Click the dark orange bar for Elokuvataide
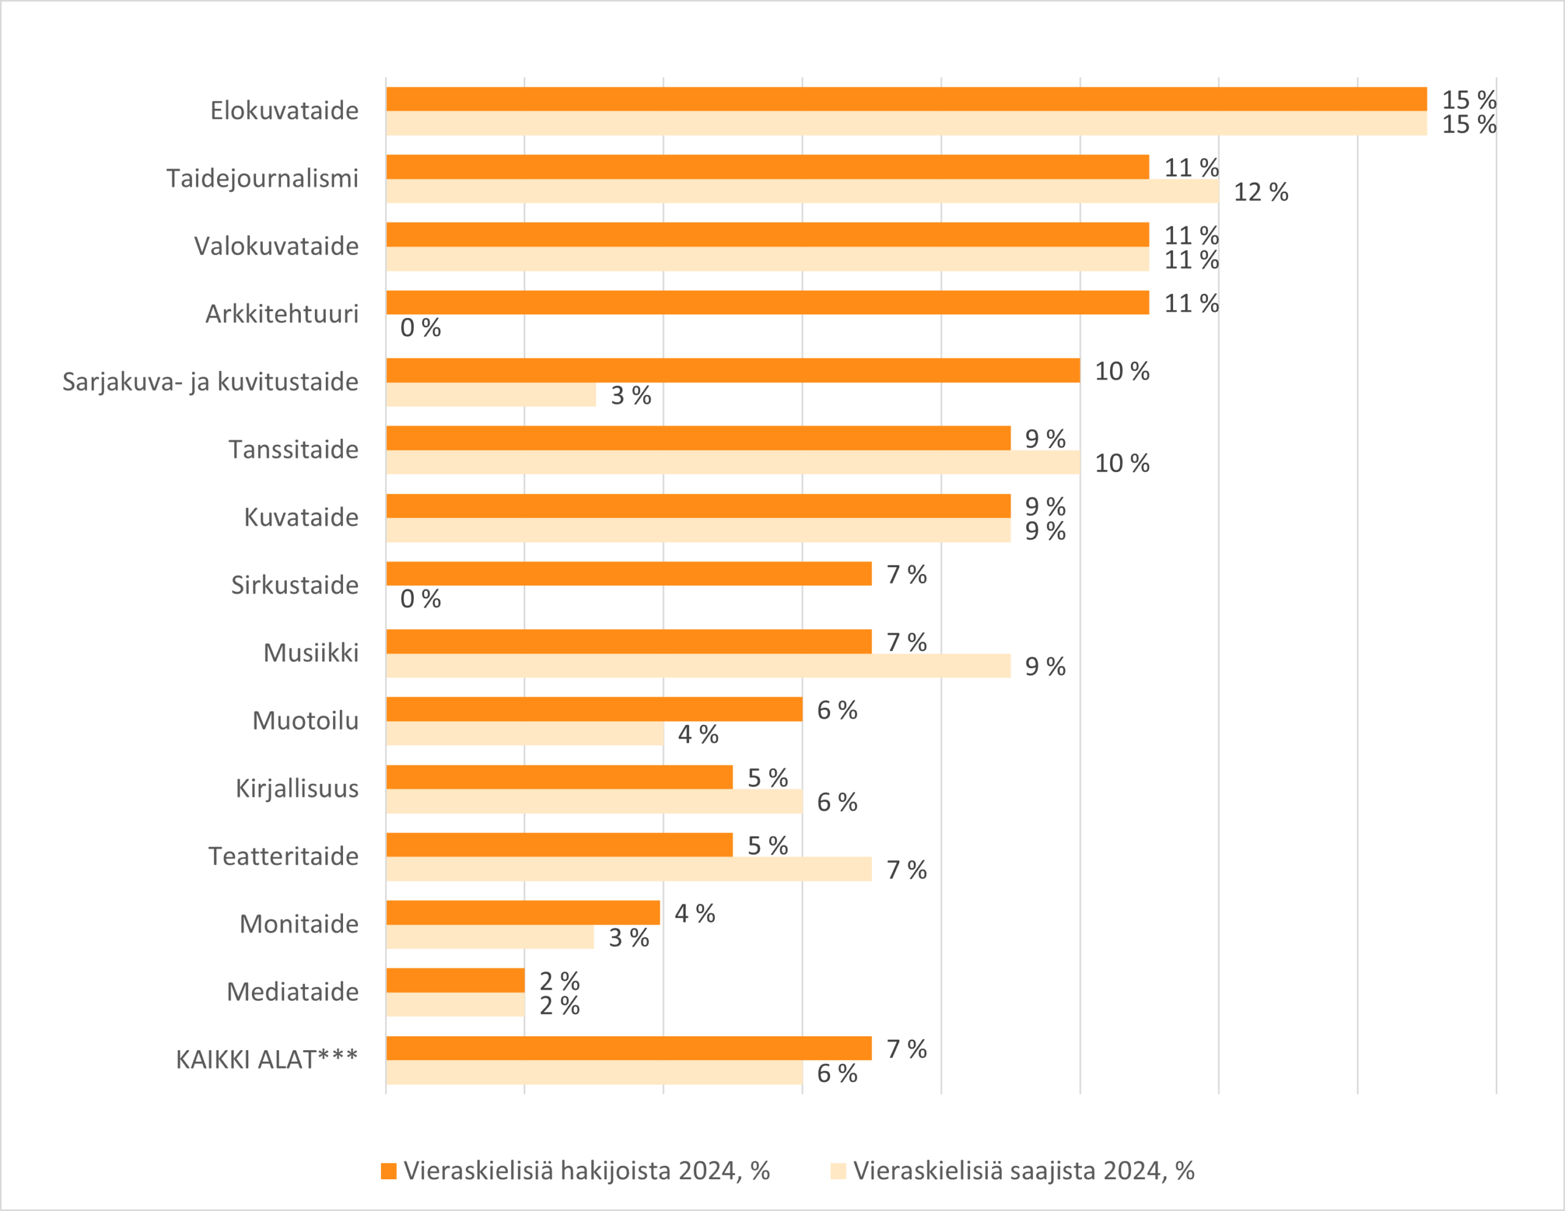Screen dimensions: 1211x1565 906,99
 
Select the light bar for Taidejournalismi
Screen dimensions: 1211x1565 802,191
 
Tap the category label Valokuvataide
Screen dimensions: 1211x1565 276,246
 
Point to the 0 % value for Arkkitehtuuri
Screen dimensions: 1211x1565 420,328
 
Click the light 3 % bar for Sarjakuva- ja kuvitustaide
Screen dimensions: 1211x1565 491,395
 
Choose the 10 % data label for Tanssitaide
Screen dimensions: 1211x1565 1121,463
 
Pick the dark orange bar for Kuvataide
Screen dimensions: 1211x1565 698,506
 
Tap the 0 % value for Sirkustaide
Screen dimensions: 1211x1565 420,598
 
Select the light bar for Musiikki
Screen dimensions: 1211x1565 698,666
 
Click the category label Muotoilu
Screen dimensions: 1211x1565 305,720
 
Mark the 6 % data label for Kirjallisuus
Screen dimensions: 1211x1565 837,802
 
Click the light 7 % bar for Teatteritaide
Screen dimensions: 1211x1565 628,869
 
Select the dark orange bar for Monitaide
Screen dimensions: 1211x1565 523,912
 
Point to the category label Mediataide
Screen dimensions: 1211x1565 292,992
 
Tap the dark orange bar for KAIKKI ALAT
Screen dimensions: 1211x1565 628,1048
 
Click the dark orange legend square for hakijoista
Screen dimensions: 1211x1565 388,1171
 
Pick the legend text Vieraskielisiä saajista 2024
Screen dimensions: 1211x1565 1023,1171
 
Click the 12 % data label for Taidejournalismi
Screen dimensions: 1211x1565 1261,192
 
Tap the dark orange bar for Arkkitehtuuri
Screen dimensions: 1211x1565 767,303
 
